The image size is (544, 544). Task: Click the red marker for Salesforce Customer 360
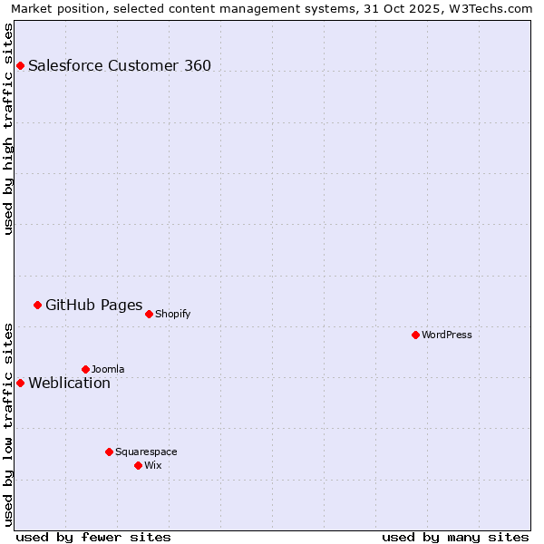click(20, 65)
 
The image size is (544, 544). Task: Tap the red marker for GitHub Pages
click(37, 305)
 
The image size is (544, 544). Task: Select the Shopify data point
click(149, 314)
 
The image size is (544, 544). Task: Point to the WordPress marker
click(415, 335)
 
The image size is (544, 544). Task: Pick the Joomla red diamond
click(85, 369)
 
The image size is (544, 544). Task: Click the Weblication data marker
click(20, 383)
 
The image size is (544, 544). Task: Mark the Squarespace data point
click(109, 452)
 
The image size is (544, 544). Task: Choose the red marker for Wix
click(138, 465)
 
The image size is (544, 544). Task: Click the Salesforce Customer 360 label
click(120, 65)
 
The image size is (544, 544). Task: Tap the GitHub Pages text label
click(93, 305)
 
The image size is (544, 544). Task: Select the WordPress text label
click(447, 335)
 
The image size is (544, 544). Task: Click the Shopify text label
click(172, 315)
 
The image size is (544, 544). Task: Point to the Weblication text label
click(69, 383)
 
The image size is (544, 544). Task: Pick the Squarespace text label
click(146, 452)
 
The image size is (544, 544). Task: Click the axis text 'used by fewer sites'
click(93, 537)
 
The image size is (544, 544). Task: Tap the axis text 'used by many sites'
click(455, 537)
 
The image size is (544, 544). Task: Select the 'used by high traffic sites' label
click(9, 129)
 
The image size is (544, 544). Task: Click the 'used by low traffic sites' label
click(9, 423)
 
